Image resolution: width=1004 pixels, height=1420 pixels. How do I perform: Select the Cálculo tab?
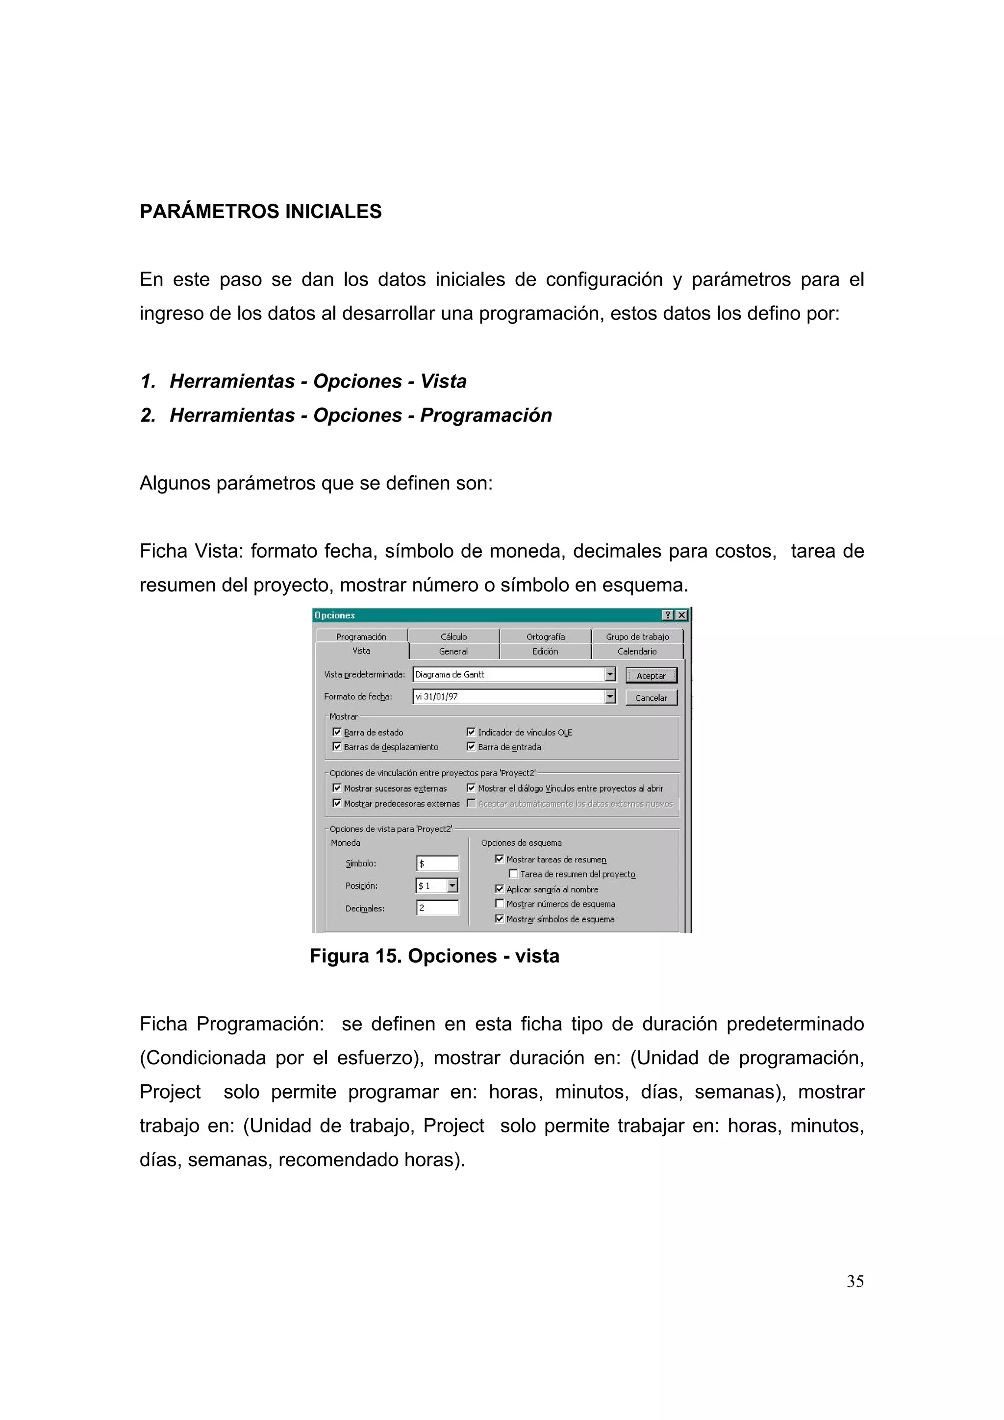pos(453,637)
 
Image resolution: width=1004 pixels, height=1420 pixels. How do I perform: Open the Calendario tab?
pos(637,651)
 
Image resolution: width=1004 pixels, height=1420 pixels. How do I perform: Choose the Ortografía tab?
pos(545,637)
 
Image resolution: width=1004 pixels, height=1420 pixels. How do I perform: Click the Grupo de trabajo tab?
pos(637,637)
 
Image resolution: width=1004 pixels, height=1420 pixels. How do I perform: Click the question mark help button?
pos(668,615)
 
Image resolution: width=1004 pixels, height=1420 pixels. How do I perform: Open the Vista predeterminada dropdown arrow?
pos(610,674)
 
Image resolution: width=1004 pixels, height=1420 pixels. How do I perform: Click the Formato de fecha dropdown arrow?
pos(610,696)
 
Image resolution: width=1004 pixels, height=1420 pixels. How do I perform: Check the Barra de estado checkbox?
pos(337,732)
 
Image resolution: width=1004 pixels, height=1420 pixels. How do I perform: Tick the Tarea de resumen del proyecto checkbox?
pos(513,874)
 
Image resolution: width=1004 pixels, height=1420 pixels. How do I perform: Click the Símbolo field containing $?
pos(437,863)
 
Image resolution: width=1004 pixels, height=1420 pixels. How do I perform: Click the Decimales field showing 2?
pos(437,908)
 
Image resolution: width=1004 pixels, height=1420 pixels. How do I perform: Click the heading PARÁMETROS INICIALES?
pos(260,212)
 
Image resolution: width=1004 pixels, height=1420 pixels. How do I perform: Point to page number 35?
pos(855,1281)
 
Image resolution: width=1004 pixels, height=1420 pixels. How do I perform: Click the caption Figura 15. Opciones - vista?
pos(434,955)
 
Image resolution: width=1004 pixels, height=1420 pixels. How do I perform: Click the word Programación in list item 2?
pos(486,415)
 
